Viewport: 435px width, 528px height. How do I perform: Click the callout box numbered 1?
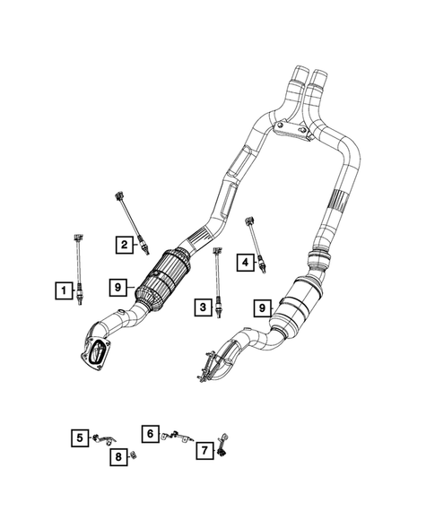tap(62, 290)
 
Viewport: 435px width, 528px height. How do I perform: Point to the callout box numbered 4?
tap(244, 262)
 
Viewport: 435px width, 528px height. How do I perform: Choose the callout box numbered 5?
tap(80, 437)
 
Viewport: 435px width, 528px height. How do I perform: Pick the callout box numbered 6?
tap(151, 433)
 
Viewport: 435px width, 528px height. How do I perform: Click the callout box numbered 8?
tap(118, 458)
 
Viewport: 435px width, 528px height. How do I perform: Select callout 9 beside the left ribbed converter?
tap(117, 287)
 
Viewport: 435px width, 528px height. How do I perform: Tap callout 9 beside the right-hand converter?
tap(263, 307)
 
